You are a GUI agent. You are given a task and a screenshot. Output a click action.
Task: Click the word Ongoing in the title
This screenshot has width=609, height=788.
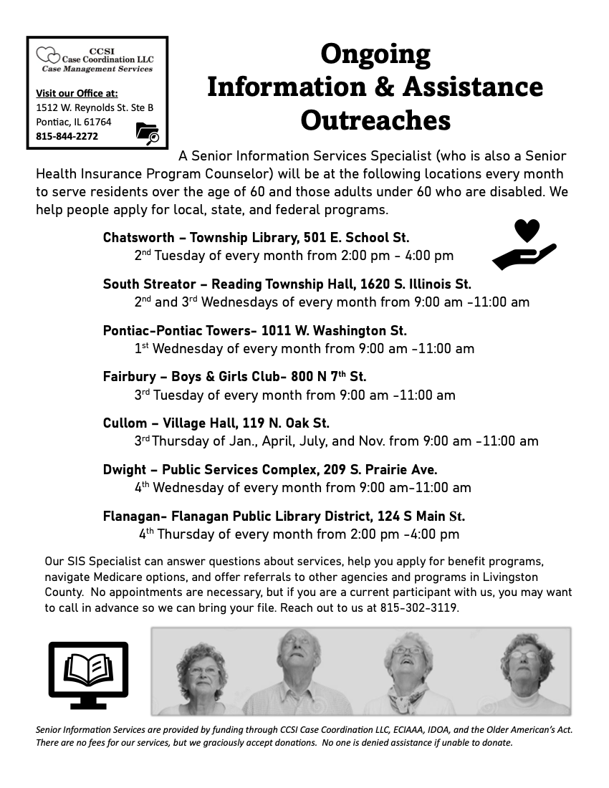[375, 54]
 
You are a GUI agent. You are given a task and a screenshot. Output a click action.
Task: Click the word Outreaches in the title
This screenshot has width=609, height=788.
[375, 120]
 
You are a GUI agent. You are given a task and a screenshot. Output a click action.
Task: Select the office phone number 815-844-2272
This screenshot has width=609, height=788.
[67, 136]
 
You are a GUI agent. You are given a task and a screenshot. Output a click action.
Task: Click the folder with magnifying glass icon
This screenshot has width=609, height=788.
[148, 134]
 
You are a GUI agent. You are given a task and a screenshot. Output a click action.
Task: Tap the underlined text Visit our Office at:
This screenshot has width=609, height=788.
[77, 93]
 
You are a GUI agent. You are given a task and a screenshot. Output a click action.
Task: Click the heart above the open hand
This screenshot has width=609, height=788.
[527, 231]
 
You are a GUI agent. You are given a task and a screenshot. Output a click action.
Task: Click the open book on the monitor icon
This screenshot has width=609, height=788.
[88, 668]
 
